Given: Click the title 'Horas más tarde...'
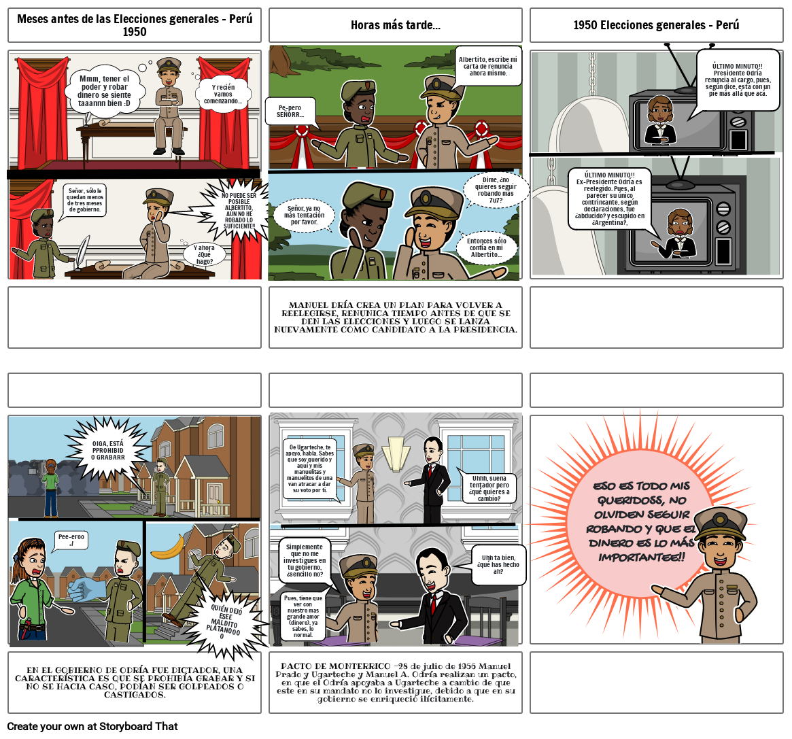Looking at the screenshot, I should click(x=395, y=25).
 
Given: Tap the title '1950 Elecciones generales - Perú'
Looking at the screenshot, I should click(x=656, y=25).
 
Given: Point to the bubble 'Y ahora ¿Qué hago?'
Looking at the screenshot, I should click(x=205, y=254).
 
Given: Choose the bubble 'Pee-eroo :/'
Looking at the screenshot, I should click(x=71, y=540).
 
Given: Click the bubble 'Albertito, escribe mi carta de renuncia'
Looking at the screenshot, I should click(x=487, y=66).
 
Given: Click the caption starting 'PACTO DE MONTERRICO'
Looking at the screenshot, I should click(x=395, y=682).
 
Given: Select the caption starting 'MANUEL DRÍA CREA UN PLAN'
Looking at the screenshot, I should click(x=395, y=317).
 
